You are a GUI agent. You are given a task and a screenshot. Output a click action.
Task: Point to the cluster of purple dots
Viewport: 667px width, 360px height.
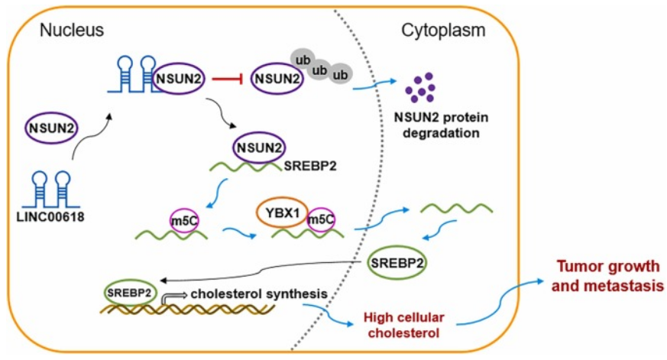coord(419,88)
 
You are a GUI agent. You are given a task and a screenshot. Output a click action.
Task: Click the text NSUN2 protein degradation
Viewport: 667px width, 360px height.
coord(436,125)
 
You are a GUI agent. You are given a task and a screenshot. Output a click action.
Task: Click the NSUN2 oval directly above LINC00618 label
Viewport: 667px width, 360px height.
coord(51,127)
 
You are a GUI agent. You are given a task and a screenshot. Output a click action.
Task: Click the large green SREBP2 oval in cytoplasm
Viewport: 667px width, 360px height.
coord(397,264)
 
